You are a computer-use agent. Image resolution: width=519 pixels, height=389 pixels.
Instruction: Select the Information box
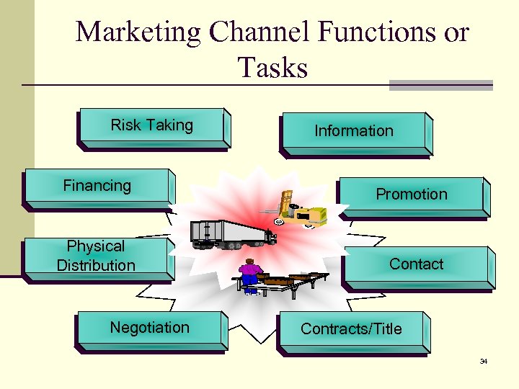click(x=354, y=132)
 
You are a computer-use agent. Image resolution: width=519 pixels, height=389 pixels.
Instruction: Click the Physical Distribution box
click(x=96, y=256)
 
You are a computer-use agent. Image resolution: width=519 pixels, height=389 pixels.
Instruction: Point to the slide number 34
click(x=484, y=361)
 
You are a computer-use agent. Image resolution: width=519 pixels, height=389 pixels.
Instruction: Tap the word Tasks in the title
click(x=272, y=68)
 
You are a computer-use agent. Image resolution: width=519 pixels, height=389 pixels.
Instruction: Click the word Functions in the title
click(x=381, y=32)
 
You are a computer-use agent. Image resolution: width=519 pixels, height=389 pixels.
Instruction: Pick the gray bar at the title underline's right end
click(x=440, y=85)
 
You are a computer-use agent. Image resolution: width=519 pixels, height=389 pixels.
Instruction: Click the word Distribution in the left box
click(x=96, y=266)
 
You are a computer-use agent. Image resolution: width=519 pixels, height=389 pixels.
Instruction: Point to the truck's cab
click(x=268, y=236)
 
